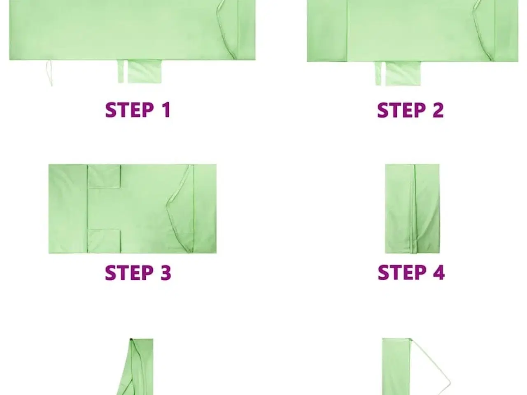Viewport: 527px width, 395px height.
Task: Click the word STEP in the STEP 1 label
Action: (130, 110)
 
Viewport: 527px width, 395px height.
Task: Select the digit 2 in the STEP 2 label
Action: (438, 110)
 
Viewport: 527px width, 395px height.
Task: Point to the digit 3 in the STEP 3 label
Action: (166, 273)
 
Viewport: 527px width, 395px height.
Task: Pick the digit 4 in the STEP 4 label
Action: (439, 272)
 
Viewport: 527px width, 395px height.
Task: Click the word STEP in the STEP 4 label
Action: (402, 272)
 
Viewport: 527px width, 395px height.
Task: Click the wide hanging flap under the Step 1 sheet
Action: (145, 72)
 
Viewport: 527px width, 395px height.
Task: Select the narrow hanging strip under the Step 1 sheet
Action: (121, 72)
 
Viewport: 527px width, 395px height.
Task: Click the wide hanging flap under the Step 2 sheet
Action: (403, 74)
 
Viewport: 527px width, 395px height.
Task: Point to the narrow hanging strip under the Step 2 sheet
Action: (378, 73)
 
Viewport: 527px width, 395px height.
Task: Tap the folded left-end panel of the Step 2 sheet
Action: (327, 31)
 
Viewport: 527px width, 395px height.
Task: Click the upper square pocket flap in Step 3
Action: (104, 176)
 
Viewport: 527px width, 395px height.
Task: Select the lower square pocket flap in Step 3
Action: (104, 241)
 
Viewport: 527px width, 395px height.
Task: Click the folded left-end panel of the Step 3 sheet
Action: (68, 209)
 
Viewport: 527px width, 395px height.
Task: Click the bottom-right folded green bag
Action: (396, 367)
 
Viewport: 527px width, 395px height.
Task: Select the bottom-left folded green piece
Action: (135, 367)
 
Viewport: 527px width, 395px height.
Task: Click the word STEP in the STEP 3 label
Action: (129, 273)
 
